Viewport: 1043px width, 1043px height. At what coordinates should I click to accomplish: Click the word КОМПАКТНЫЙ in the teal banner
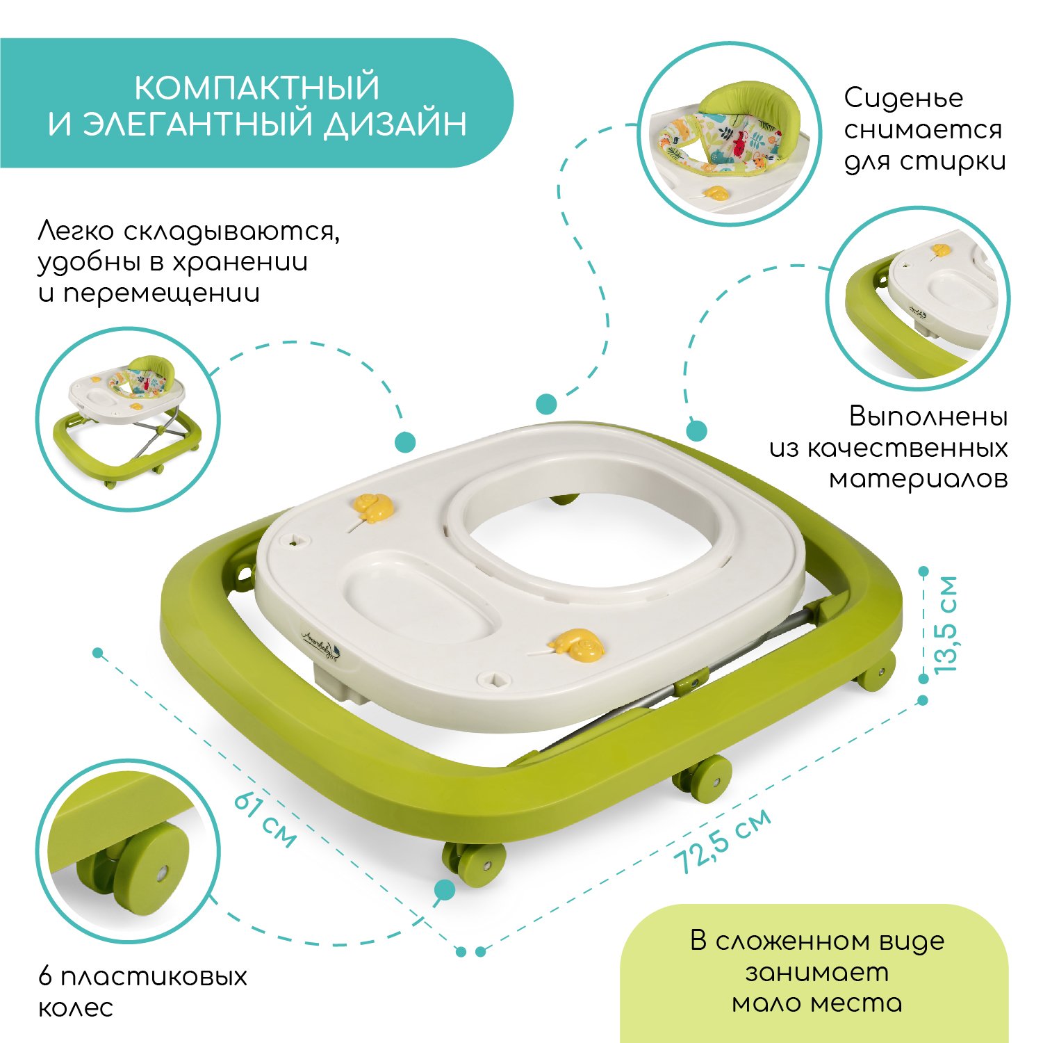(256, 88)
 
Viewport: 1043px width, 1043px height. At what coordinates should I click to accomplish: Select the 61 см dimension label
(265, 819)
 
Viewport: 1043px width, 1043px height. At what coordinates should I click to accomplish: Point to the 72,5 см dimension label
(723, 840)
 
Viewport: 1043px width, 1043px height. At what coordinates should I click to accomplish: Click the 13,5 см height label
(946, 624)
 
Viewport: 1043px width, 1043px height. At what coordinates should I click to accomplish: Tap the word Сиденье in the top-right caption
(904, 98)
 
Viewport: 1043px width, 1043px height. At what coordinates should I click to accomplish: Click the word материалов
(918, 479)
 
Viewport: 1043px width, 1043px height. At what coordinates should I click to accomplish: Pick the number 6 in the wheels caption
(46, 976)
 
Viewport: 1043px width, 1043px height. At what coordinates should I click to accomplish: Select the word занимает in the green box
(817, 972)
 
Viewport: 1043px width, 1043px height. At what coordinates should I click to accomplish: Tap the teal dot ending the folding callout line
(405, 442)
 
